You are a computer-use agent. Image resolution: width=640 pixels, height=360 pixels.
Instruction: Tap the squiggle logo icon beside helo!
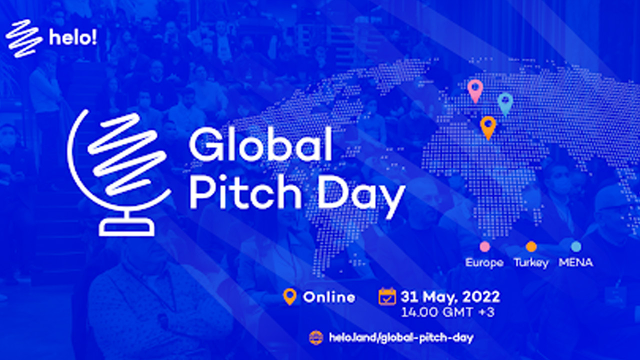(23, 38)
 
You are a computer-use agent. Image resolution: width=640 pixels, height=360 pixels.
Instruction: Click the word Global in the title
(260, 144)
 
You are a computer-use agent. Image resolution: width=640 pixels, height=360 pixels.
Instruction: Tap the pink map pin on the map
(475, 91)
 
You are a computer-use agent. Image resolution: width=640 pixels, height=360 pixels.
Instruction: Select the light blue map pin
(505, 105)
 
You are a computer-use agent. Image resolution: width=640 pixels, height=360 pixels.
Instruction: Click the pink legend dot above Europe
(485, 246)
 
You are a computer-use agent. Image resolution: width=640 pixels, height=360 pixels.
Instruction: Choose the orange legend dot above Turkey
(531, 246)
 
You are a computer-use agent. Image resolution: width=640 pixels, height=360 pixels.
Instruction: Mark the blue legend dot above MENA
(576, 246)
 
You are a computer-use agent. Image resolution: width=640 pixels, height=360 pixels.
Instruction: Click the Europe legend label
(484, 262)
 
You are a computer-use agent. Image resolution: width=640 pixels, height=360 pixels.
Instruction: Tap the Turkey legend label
(531, 263)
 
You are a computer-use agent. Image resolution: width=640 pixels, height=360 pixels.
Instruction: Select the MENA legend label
(575, 262)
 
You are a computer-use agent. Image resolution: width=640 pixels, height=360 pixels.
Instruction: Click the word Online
(329, 297)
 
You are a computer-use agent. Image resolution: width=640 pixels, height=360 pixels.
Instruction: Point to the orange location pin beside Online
(290, 297)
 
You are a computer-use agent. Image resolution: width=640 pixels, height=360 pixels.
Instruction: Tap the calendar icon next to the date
(387, 296)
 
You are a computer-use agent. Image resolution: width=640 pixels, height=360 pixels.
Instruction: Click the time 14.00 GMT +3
(447, 312)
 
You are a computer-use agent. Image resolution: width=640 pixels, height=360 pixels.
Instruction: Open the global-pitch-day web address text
(401, 337)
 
